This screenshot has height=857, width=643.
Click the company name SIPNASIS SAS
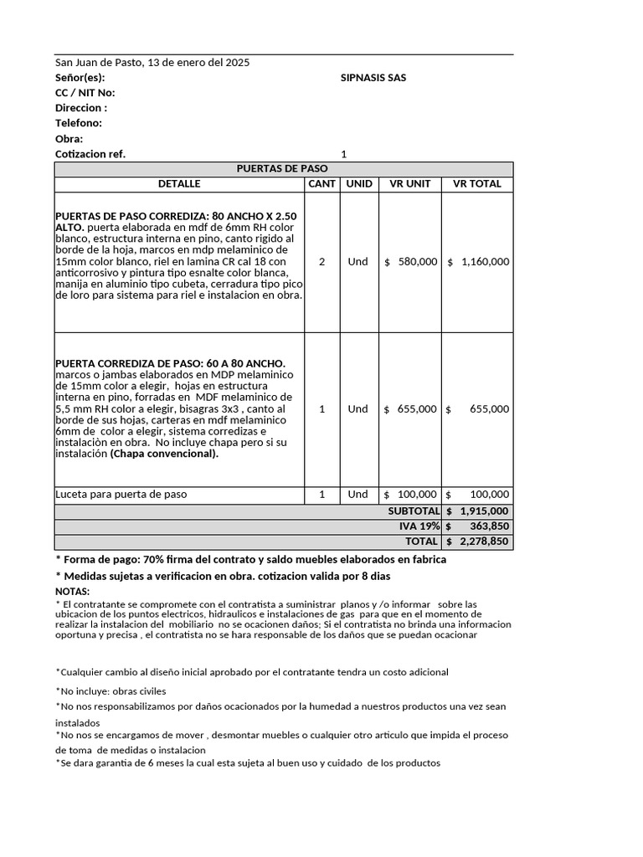tap(373, 78)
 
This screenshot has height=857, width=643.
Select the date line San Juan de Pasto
tap(152, 63)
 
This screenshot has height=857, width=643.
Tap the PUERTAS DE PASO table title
tap(283, 168)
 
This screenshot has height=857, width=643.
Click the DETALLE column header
tap(179, 183)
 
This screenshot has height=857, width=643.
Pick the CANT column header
tap(321, 183)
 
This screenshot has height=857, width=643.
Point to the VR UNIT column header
tap(410, 183)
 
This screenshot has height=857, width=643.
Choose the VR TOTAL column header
tap(476, 183)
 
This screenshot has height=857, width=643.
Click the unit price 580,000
tap(417, 262)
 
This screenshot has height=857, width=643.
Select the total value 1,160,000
tap(485, 262)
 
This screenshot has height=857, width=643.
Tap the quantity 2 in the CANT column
tap(322, 262)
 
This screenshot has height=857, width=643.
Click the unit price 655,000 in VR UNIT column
tap(417, 409)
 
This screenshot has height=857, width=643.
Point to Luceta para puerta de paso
tap(121, 495)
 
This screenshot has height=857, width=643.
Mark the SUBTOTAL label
tap(414, 511)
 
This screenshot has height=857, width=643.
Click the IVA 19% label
tap(419, 526)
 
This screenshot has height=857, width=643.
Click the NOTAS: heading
tap(72, 591)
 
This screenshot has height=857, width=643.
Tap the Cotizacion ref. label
tap(90, 154)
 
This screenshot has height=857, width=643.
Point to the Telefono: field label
tap(79, 123)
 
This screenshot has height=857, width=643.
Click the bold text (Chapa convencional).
tap(164, 454)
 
